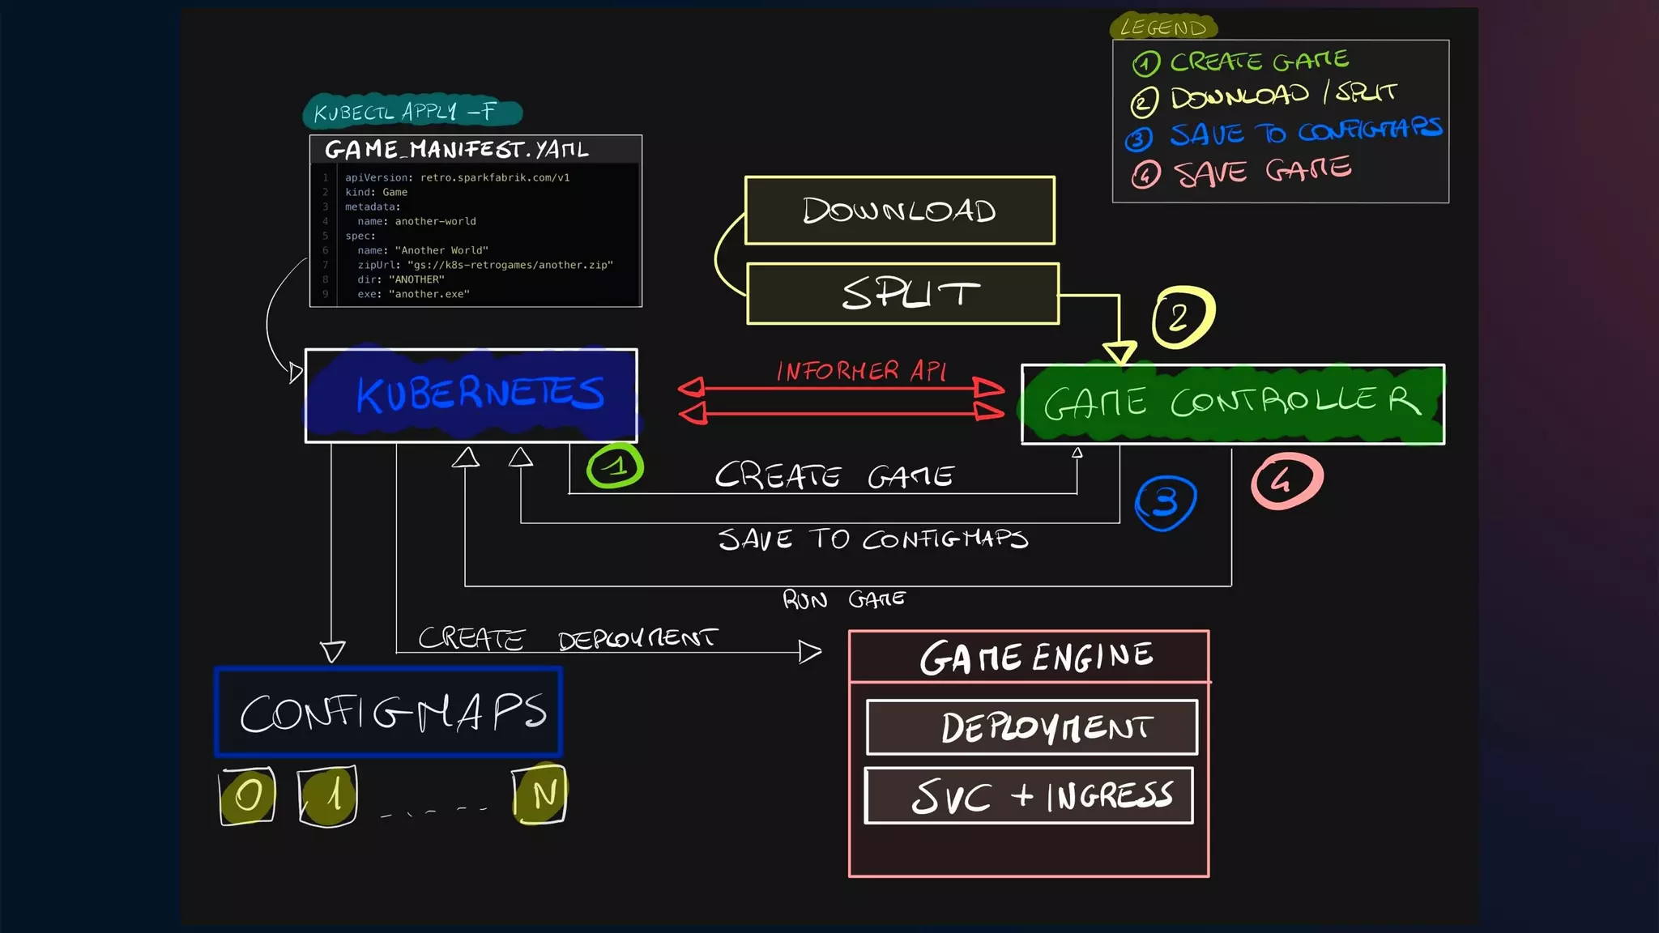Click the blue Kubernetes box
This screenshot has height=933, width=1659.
point(471,395)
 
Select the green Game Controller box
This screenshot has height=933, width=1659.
point(1232,403)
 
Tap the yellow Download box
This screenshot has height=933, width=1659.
point(899,211)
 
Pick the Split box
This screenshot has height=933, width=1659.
point(902,293)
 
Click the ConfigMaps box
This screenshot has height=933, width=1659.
point(389,712)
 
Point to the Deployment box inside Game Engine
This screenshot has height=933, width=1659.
point(1031,727)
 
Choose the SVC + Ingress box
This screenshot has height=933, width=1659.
point(1029,795)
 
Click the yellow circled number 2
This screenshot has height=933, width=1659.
point(1182,317)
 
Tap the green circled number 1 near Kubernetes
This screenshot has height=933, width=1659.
point(615,466)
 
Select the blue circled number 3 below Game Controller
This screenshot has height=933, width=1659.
point(1165,502)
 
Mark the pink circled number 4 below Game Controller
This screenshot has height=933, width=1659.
point(1286,481)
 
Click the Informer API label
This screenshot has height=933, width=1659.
point(860,371)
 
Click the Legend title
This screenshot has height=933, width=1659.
point(1162,28)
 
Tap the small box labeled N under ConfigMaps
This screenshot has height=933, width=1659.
point(539,795)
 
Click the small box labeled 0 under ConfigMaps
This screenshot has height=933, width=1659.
point(247,796)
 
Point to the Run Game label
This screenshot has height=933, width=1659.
point(843,599)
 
